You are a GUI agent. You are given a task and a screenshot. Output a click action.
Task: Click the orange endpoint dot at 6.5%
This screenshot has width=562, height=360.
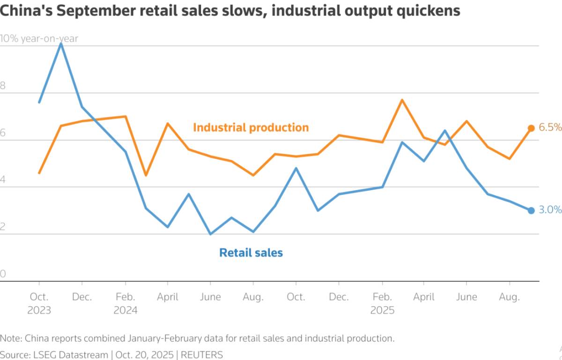click(x=531, y=128)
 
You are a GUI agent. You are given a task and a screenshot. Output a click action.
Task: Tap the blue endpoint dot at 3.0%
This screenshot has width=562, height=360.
click(x=531, y=211)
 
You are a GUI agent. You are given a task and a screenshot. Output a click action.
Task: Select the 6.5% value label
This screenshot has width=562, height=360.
click(x=550, y=127)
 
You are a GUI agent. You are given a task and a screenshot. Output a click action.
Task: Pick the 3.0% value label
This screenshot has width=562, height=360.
click(x=550, y=210)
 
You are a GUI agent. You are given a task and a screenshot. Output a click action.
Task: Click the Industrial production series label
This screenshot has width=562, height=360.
click(x=251, y=127)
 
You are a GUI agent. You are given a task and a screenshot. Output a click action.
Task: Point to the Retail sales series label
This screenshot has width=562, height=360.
click(x=251, y=253)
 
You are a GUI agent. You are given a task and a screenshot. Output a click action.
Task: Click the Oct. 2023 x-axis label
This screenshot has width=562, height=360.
click(x=39, y=303)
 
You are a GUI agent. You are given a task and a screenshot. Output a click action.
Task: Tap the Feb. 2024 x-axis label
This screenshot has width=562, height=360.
click(x=125, y=303)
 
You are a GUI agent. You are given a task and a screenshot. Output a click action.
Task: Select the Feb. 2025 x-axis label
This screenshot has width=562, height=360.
click(x=382, y=303)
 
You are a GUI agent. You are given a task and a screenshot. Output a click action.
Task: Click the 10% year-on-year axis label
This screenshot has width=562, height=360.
click(x=39, y=39)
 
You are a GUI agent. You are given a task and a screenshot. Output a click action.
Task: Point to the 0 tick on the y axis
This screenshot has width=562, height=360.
click(x=3, y=274)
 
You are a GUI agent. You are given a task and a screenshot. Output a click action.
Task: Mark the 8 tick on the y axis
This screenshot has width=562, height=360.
click(x=3, y=86)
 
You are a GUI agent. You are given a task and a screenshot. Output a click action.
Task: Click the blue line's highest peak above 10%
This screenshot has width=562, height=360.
click(x=61, y=44)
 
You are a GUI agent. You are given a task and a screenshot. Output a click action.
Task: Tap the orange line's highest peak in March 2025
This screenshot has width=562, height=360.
click(x=402, y=100)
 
